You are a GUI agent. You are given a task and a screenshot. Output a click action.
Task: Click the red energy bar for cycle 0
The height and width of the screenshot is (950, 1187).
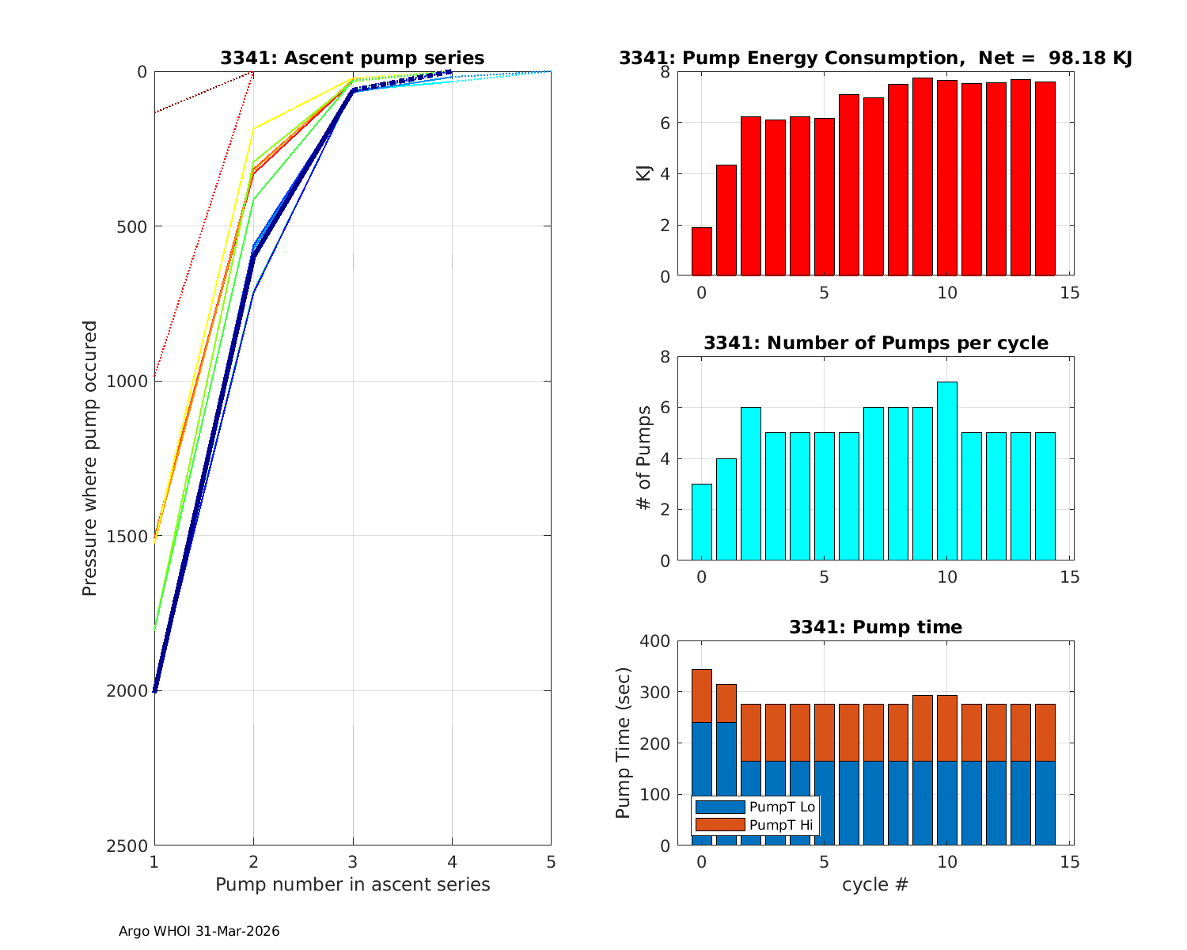tap(702, 252)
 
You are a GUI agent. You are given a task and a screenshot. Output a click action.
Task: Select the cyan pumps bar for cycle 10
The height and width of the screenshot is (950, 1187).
tap(947, 471)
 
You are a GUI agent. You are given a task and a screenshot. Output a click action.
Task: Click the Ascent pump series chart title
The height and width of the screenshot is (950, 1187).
tap(352, 58)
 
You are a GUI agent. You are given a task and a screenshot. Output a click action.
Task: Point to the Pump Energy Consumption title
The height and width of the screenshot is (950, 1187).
tap(875, 58)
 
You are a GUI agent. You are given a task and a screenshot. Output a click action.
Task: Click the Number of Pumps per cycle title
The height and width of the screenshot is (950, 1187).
tap(875, 343)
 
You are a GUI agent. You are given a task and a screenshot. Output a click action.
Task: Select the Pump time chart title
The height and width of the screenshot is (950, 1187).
tap(875, 627)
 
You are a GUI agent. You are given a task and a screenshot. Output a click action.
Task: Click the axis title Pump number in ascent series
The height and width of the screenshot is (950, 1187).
tap(352, 884)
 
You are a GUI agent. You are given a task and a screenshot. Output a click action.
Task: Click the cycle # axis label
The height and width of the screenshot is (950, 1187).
tap(875, 884)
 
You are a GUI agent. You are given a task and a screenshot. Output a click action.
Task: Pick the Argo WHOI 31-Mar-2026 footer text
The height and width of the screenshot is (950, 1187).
tap(199, 931)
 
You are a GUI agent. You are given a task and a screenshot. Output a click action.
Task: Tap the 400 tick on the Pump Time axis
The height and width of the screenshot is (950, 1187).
tap(654, 641)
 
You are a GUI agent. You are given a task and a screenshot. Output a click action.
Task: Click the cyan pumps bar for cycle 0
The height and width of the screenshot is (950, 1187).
tap(702, 522)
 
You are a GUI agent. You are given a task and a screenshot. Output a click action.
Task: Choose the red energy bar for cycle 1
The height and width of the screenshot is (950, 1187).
tap(726, 220)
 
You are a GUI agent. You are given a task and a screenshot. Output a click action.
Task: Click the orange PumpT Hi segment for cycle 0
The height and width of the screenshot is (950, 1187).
tap(702, 696)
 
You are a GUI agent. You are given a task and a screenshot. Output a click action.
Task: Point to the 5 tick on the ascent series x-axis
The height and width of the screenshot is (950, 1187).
tap(551, 861)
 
